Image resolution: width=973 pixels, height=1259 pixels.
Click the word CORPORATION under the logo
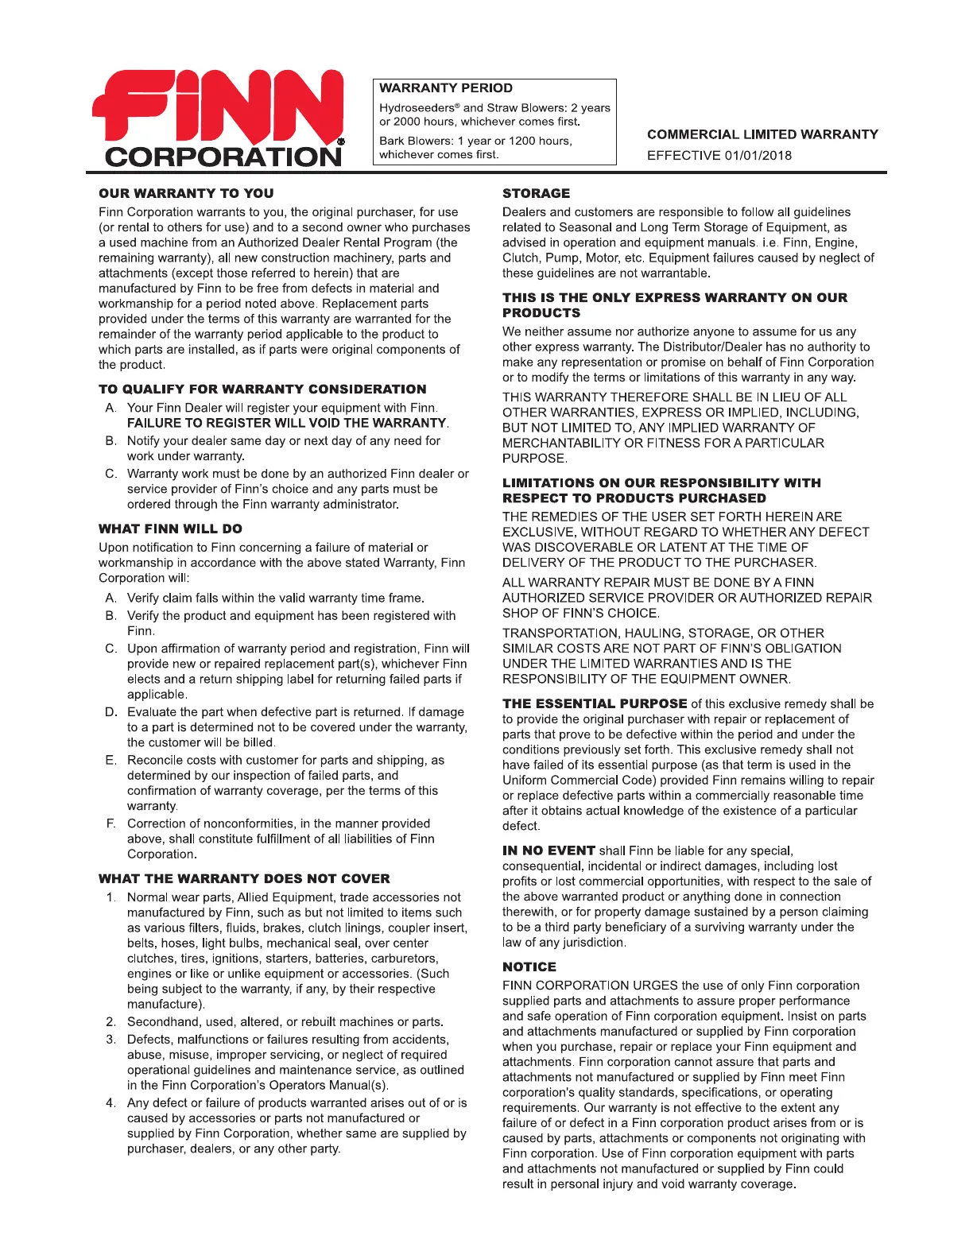pos(222,157)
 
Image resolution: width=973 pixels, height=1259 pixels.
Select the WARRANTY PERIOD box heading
pos(445,88)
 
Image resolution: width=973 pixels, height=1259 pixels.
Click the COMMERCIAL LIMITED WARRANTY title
pos(762,134)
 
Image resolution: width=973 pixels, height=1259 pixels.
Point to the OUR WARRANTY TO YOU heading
pos(186,193)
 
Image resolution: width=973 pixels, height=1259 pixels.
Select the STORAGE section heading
pos(536,193)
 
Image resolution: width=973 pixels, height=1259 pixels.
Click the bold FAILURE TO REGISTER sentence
pos(287,423)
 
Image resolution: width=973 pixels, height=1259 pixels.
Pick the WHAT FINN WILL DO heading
pos(170,529)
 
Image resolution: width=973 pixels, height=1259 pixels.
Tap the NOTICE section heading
pos(529,967)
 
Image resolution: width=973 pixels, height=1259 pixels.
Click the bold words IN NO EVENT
pos(549,850)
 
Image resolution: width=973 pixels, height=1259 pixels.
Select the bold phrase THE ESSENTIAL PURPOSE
pos(595,703)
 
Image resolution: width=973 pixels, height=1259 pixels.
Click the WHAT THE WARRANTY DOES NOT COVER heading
pos(244,878)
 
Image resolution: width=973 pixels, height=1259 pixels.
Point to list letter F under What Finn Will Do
pos(110,823)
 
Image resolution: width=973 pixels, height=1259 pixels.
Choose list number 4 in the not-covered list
pos(110,1102)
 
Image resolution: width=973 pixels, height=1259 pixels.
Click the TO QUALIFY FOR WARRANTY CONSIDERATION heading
pos(262,389)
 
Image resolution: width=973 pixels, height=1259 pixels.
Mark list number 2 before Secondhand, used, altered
pos(110,1021)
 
